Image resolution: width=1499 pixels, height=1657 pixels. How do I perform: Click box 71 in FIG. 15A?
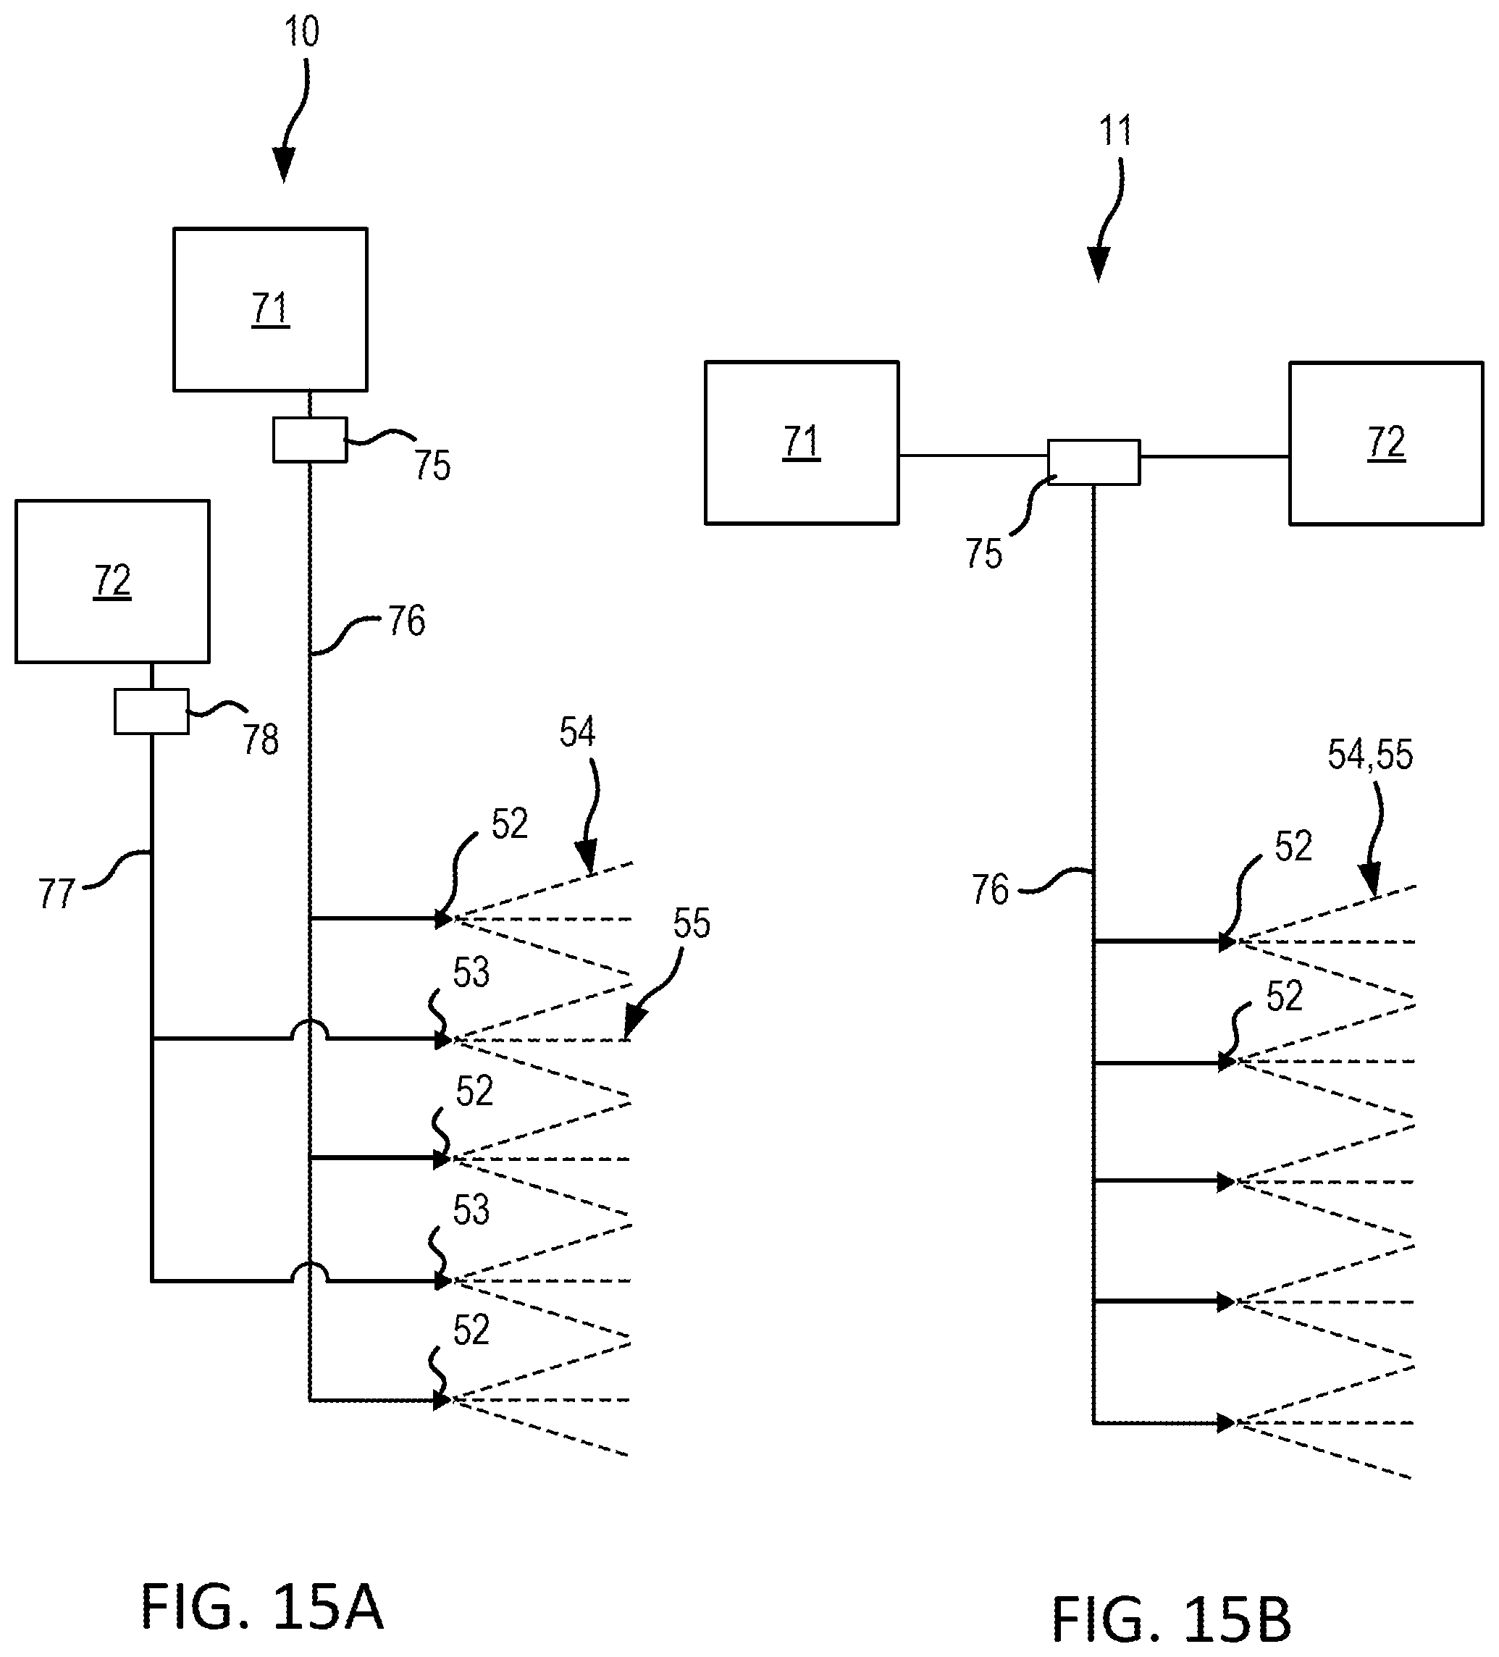(x=270, y=309)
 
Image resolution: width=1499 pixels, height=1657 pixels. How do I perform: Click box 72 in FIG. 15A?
(x=112, y=581)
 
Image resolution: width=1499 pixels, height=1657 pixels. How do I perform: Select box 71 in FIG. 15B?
(x=801, y=442)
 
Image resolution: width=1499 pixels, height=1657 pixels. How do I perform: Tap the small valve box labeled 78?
(x=151, y=711)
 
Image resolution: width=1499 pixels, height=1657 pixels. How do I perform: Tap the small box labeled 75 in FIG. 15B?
(x=1094, y=462)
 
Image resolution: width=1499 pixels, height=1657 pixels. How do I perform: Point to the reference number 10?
(x=301, y=32)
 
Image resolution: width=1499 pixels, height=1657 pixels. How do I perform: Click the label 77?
(x=56, y=894)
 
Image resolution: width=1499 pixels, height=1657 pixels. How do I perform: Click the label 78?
(x=261, y=739)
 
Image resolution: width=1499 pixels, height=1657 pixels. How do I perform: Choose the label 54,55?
(x=1370, y=755)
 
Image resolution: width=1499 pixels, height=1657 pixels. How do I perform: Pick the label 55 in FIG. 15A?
(x=691, y=923)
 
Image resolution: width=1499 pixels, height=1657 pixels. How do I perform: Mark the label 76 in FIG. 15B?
(x=989, y=889)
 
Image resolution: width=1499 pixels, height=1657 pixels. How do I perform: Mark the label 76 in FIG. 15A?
(x=407, y=621)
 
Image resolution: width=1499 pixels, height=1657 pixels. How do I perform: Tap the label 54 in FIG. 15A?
(x=577, y=731)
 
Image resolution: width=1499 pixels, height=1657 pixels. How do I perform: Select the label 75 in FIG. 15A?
(x=432, y=465)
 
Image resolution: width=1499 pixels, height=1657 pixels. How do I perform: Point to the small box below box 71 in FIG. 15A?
(x=310, y=440)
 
